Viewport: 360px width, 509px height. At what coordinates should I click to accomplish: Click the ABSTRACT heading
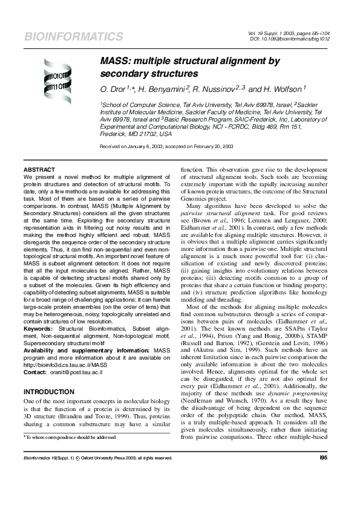pyautogui.click(x=39, y=169)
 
